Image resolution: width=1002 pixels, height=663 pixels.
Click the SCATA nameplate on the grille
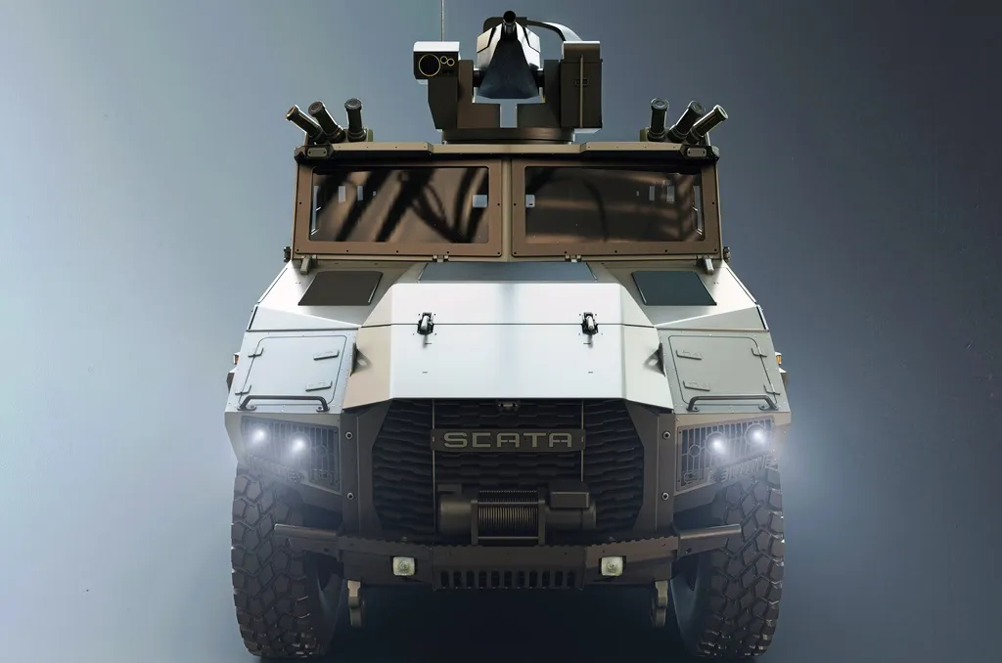508,439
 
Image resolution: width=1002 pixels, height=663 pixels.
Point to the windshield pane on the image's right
614,203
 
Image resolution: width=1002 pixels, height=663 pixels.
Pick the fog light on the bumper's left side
403,565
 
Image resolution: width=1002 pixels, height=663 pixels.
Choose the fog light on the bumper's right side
612,565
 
